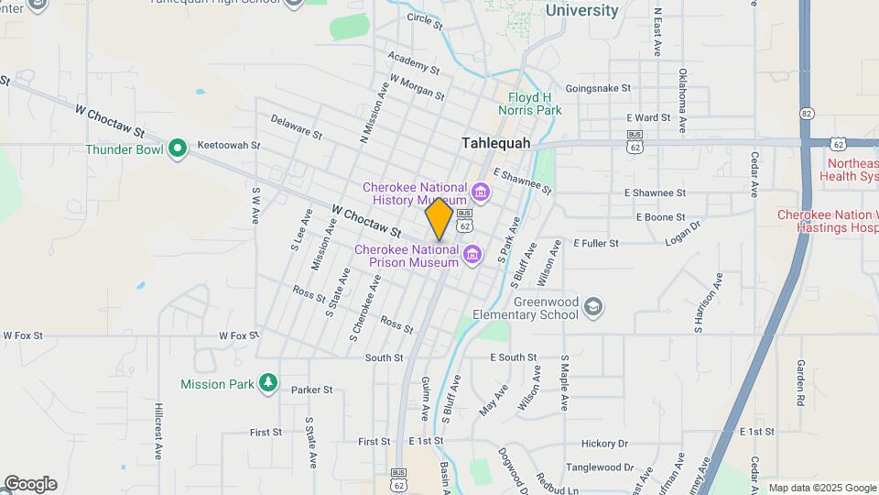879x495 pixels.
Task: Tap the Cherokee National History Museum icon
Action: pyautogui.click(x=481, y=192)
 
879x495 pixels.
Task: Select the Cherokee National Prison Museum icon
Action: pyautogui.click(x=472, y=254)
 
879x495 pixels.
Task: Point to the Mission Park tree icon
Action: pyautogui.click(x=267, y=383)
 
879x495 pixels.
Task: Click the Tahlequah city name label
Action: pyautogui.click(x=496, y=143)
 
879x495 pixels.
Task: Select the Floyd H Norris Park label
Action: pyautogui.click(x=536, y=104)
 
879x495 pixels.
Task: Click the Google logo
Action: pyautogui.click(x=30, y=484)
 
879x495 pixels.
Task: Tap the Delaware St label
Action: pyautogui.click(x=296, y=127)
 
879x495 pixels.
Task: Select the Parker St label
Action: pyautogui.click(x=312, y=390)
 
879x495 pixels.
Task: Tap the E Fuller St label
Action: pyautogui.click(x=596, y=243)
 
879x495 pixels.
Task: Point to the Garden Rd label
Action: pyautogui.click(x=799, y=382)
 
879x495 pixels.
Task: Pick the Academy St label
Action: pyautogui.click(x=414, y=61)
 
